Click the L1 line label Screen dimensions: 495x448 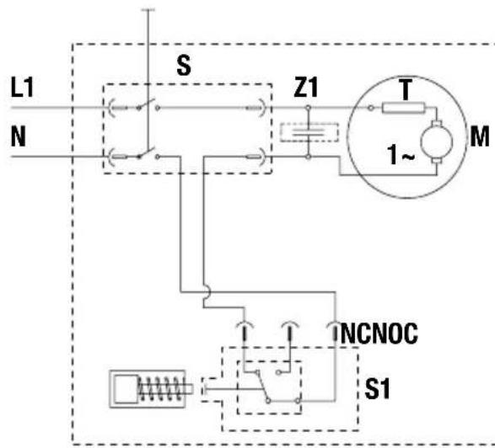click(x=22, y=87)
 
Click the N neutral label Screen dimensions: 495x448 click(x=18, y=136)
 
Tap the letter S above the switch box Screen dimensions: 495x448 click(x=184, y=65)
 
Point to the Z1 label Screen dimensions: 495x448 click(x=305, y=87)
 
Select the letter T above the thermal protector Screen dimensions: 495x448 click(x=406, y=89)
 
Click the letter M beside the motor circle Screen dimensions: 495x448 click(x=480, y=136)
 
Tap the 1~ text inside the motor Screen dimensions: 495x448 click(x=401, y=154)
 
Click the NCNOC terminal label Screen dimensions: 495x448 click(x=379, y=333)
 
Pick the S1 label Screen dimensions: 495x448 click(x=377, y=389)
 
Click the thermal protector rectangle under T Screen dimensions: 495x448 click(x=403, y=108)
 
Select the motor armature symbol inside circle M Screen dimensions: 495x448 click(x=436, y=142)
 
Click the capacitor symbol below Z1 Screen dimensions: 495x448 click(x=309, y=132)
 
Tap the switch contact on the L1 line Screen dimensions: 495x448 click(x=148, y=105)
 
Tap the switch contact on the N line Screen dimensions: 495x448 click(x=148, y=154)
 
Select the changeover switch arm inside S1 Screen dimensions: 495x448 click(x=262, y=387)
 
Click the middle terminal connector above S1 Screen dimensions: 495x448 click(x=290, y=331)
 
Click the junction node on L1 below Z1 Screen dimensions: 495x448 click(x=309, y=108)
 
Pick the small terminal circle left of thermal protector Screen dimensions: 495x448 click(x=371, y=108)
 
